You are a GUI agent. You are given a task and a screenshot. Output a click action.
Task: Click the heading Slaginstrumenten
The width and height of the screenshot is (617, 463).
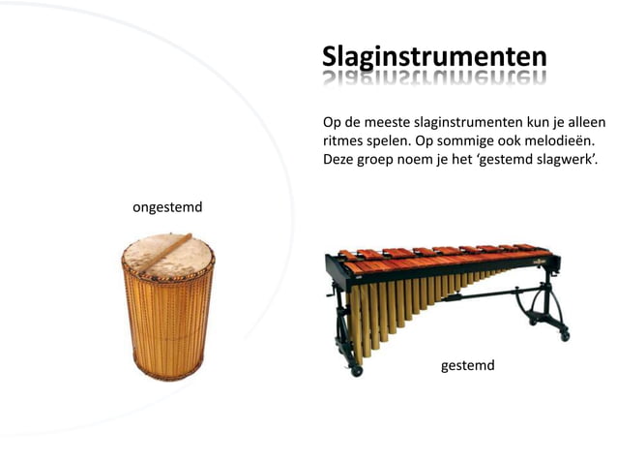tap(434, 55)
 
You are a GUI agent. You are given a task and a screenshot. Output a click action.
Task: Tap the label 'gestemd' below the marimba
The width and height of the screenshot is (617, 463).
tap(467, 365)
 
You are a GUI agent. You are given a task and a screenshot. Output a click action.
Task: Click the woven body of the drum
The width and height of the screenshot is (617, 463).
tap(168, 324)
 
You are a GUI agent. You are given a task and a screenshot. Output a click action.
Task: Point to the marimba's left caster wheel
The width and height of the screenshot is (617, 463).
tap(357, 370)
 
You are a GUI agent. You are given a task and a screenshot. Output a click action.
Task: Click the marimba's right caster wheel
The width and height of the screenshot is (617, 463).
tap(564, 335)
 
